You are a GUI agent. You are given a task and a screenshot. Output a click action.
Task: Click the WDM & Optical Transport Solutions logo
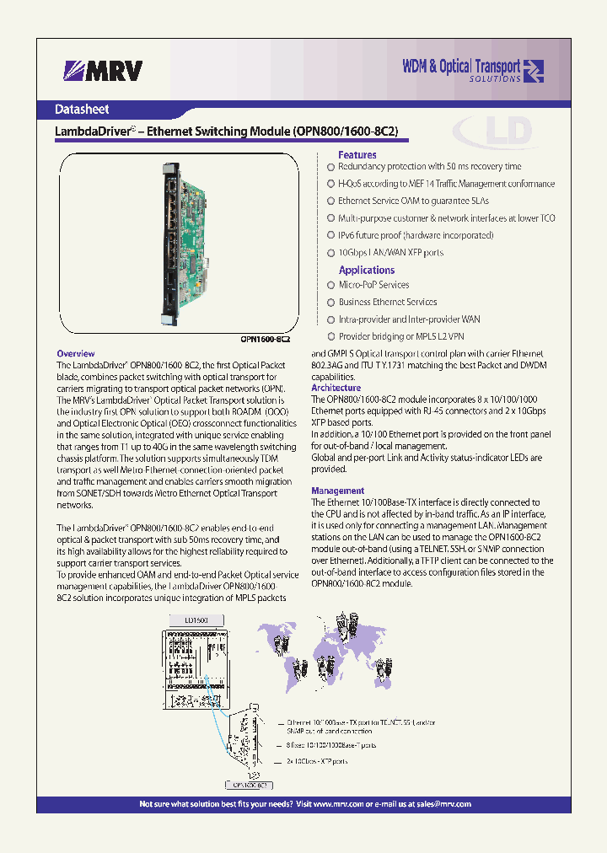click(x=473, y=70)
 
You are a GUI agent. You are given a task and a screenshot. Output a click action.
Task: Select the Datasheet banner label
click(x=82, y=110)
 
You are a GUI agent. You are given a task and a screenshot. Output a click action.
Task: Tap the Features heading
click(x=357, y=155)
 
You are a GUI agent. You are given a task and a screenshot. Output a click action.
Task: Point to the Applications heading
click(x=367, y=270)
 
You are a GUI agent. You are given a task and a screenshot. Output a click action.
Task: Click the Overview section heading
click(x=75, y=354)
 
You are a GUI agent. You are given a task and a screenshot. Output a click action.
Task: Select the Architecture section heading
click(x=336, y=388)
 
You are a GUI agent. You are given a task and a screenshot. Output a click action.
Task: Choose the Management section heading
click(x=338, y=491)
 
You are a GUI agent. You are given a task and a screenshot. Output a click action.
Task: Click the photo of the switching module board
click(x=181, y=244)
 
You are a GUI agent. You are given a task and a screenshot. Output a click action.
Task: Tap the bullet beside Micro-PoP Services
click(x=331, y=285)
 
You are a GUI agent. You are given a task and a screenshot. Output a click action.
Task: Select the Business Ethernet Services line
click(x=387, y=302)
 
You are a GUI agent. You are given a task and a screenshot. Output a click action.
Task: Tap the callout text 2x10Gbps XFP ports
click(x=317, y=761)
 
